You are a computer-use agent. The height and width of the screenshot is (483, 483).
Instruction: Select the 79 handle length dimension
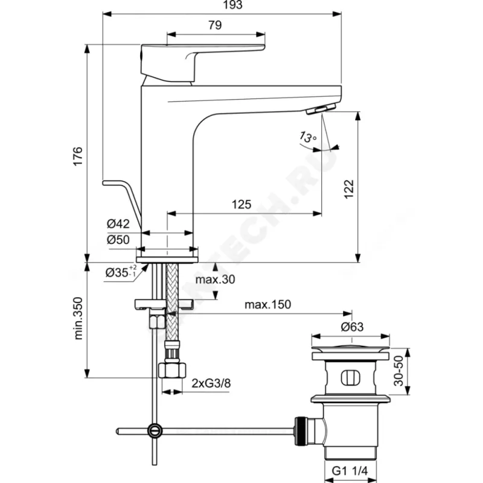click(x=214, y=25)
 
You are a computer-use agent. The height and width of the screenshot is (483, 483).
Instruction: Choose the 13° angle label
click(x=307, y=138)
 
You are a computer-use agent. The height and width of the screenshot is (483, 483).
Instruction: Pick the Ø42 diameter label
click(x=119, y=224)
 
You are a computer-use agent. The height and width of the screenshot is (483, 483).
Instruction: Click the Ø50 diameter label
click(x=119, y=240)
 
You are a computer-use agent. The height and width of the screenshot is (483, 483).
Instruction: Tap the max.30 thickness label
click(x=216, y=280)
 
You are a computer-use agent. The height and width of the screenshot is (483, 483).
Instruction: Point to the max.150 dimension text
click(x=267, y=304)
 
